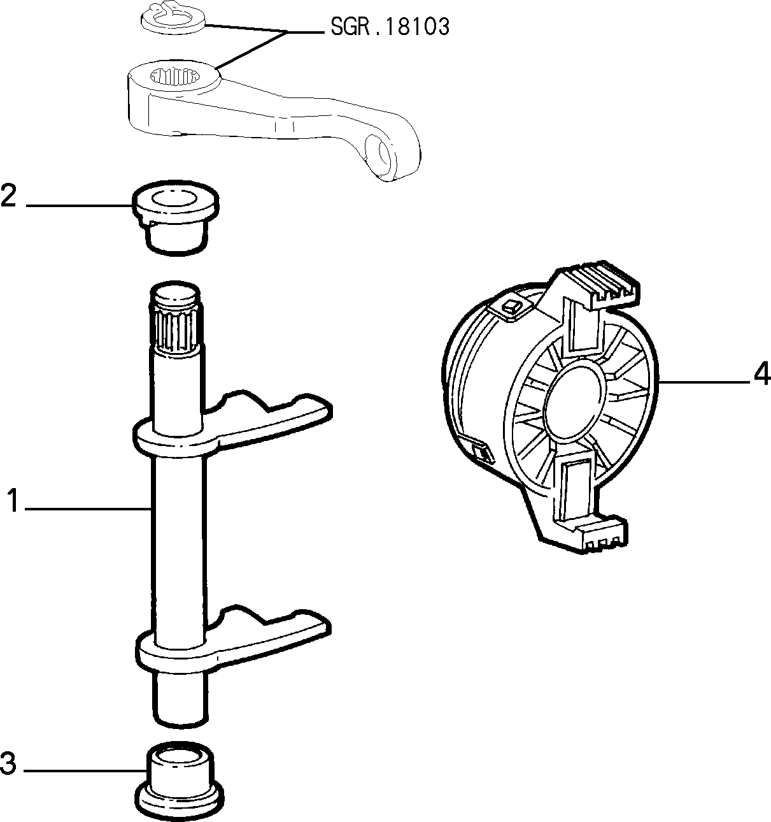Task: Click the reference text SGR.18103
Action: click(390, 28)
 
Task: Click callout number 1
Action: click(13, 500)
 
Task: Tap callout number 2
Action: click(9, 196)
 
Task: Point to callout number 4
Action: click(762, 374)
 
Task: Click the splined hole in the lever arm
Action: click(173, 76)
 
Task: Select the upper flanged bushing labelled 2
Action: click(175, 218)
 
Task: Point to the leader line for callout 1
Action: click(88, 508)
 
